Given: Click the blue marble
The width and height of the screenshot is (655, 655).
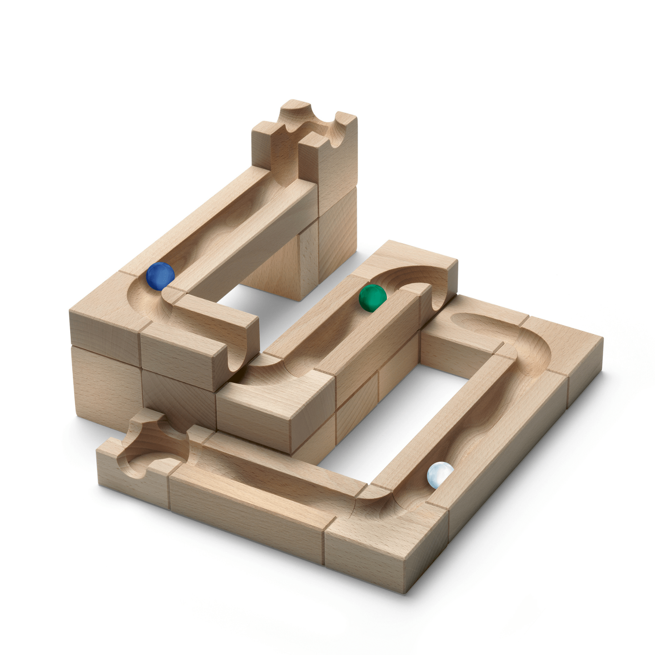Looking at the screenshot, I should (160, 276).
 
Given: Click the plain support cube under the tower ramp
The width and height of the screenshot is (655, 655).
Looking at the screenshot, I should (287, 266).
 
